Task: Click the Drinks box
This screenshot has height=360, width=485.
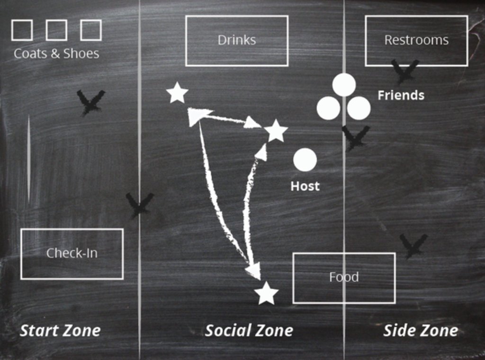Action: [236, 41]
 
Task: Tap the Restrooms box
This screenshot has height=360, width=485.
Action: [416, 41]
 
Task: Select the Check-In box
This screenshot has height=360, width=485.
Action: [72, 254]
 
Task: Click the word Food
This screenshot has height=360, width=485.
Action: [344, 277]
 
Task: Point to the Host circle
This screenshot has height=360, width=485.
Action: [305, 160]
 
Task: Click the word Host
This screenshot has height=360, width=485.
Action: [305, 186]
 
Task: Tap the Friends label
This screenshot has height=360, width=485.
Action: [401, 95]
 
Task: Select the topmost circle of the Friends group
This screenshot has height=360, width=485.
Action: [344, 85]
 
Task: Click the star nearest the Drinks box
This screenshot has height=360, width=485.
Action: [177, 93]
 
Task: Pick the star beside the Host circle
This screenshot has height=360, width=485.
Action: [276, 131]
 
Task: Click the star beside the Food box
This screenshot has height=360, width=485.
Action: [266, 294]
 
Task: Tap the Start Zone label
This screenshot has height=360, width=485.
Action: [60, 331]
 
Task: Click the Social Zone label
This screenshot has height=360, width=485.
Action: [249, 331]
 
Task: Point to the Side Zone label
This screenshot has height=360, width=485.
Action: [420, 331]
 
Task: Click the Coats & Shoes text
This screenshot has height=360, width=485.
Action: [56, 54]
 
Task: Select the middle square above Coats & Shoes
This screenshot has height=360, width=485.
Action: [56, 30]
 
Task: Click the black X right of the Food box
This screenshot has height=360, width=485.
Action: [413, 245]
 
